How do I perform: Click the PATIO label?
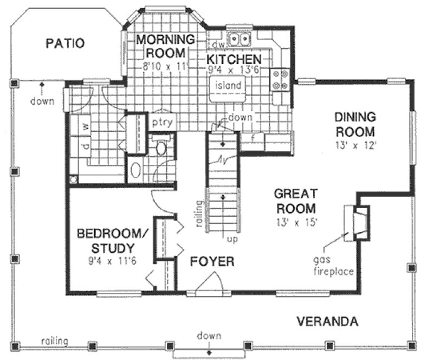(x=65, y=43)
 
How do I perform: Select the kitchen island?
(x=228, y=86)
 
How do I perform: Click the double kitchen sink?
(x=239, y=40)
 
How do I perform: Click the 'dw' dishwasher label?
(x=218, y=44)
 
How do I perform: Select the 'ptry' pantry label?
(x=162, y=122)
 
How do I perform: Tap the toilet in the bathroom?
(x=161, y=147)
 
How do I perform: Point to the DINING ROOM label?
(x=355, y=124)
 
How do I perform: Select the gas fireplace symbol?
(x=359, y=222)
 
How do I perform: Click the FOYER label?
(x=212, y=262)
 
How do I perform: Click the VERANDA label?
(x=327, y=321)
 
